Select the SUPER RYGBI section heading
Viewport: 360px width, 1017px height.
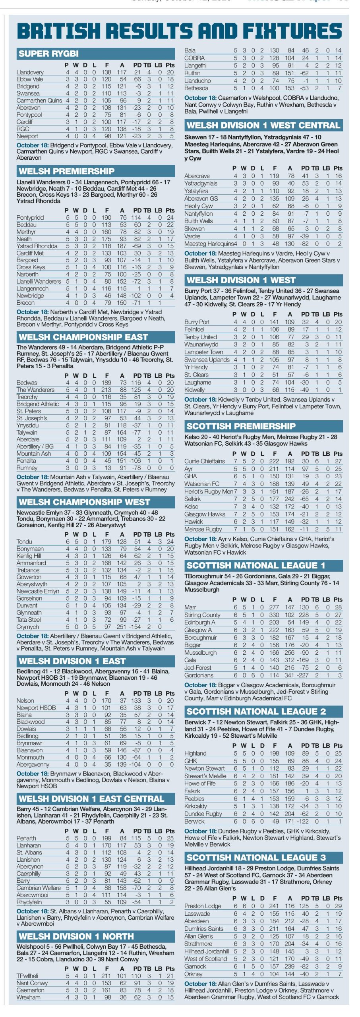(48, 54)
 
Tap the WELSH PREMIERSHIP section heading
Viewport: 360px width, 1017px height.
(66, 172)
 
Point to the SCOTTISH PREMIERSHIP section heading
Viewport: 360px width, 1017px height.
(241, 426)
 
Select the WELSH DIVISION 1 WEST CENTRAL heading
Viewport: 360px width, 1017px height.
(263, 126)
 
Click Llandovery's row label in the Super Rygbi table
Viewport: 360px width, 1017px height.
(30, 72)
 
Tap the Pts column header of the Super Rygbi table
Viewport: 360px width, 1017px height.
(170, 65)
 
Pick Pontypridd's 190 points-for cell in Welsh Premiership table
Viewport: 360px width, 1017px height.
(106, 218)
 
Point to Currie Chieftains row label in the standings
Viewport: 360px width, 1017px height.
(205, 461)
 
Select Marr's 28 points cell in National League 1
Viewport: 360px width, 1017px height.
(338, 607)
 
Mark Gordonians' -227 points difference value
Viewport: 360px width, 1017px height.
(303, 675)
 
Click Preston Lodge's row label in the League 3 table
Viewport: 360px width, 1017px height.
(203, 906)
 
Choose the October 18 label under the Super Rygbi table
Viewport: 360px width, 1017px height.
(33, 145)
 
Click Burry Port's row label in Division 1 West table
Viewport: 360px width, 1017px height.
(197, 322)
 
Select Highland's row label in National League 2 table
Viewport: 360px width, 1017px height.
(195, 753)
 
